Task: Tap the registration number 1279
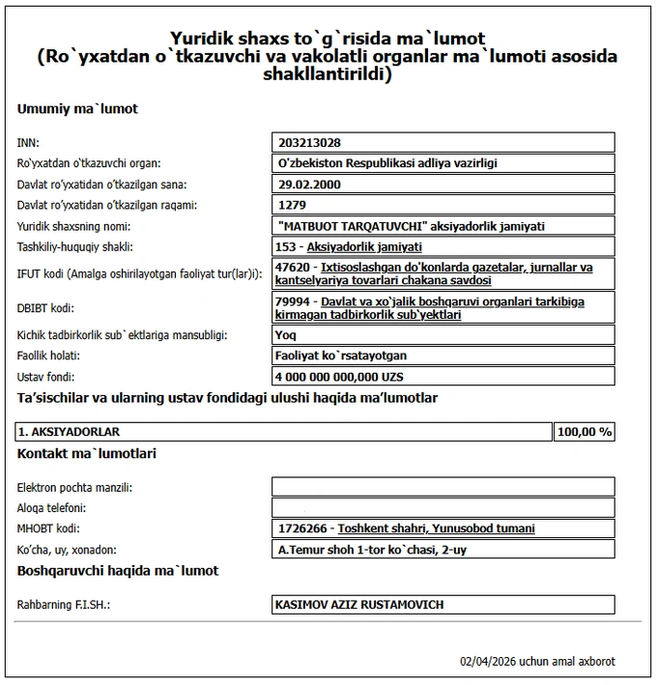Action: click(291, 205)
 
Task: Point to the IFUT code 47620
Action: click(292, 267)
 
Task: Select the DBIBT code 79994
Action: click(292, 301)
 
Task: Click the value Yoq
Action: click(287, 334)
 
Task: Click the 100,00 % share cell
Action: click(585, 432)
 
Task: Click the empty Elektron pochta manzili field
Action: click(443, 487)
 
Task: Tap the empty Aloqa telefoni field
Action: click(443, 507)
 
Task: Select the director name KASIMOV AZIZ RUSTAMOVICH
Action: click(360, 605)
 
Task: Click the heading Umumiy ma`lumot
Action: click(77, 109)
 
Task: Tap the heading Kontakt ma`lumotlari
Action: click(87, 453)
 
